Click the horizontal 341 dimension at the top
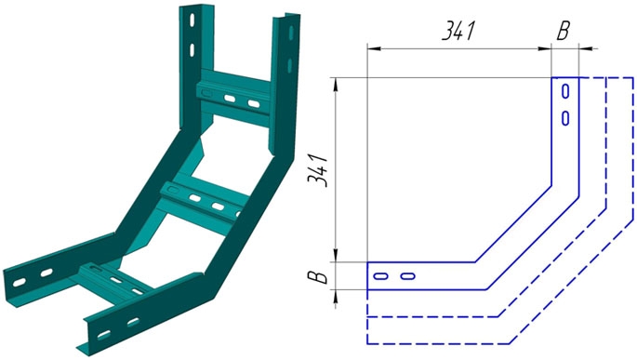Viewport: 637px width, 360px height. click(x=458, y=31)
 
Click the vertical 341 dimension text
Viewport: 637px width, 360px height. click(x=317, y=170)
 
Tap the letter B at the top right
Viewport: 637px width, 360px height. click(x=563, y=31)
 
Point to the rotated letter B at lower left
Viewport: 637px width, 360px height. click(x=317, y=277)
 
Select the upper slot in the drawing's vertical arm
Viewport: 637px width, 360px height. click(x=565, y=91)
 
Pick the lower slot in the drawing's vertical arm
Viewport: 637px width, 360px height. click(x=565, y=118)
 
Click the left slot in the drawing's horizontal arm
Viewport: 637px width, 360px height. click(x=380, y=276)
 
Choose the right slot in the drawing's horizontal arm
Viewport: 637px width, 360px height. click(x=407, y=276)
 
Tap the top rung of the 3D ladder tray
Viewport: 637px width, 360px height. click(x=233, y=97)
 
